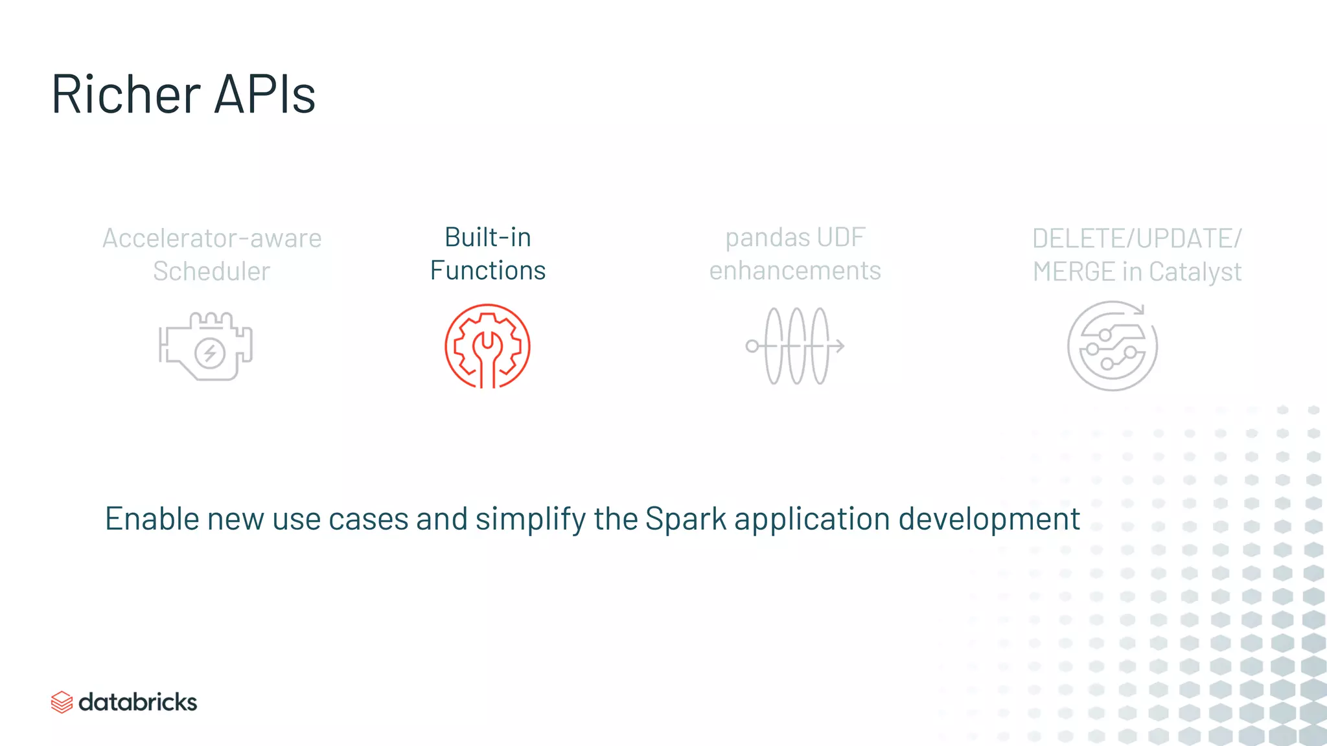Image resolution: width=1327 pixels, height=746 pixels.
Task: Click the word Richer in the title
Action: pos(126,95)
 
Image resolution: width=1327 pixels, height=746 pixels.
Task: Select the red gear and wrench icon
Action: pos(487,346)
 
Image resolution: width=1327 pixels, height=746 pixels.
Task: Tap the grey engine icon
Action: pos(205,346)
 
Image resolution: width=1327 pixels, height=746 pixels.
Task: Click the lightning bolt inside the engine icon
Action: pos(210,353)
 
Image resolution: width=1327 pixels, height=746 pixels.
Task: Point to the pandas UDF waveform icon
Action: pos(795,346)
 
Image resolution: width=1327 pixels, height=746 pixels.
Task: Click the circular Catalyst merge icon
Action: pos(1112,346)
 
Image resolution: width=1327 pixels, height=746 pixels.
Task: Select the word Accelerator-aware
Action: pos(212,238)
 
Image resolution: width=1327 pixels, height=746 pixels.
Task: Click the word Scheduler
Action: pos(211,271)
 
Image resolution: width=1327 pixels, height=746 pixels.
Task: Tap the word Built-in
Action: pos(487,238)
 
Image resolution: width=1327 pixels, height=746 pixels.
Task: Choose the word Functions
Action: pos(487,271)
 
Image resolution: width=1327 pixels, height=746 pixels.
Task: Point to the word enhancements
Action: pos(795,271)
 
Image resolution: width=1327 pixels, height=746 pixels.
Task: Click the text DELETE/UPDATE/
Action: pos(1137,238)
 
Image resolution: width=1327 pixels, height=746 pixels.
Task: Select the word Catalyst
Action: pos(1195,272)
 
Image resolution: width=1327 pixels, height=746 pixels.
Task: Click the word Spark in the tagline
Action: pos(686,519)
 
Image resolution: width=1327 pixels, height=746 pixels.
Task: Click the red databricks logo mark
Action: pos(62,702)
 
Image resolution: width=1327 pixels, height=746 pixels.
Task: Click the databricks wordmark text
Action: pos(137,702)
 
